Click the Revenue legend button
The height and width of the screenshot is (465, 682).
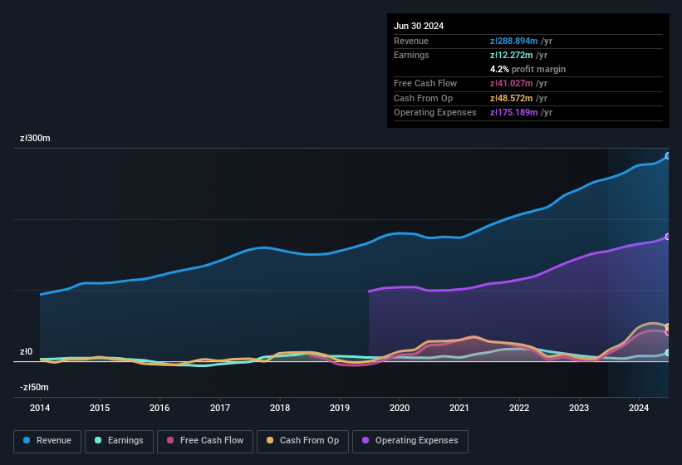click(48, 441)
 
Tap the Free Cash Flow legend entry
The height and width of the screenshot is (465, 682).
click(204, 441)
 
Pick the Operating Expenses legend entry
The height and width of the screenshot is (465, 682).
click(410, 441)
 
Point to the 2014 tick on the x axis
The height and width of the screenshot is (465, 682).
click(40, 408)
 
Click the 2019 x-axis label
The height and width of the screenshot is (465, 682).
click(339, 408)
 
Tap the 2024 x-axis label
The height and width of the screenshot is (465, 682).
click(638, 408)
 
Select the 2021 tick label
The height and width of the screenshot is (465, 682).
click(459, 408)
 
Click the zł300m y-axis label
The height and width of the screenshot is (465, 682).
click(35, 139)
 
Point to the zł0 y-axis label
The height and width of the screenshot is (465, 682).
click(26, 352)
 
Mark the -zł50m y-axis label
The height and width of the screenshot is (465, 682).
click(33, 387)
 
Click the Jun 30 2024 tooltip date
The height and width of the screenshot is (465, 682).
click(419, 26)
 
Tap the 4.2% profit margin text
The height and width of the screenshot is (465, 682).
click(527, 69)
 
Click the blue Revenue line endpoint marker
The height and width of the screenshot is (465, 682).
click(668, 156)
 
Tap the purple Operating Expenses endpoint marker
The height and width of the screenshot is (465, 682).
click(668, 237)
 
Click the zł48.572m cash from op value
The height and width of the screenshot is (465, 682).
click(511, 98)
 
